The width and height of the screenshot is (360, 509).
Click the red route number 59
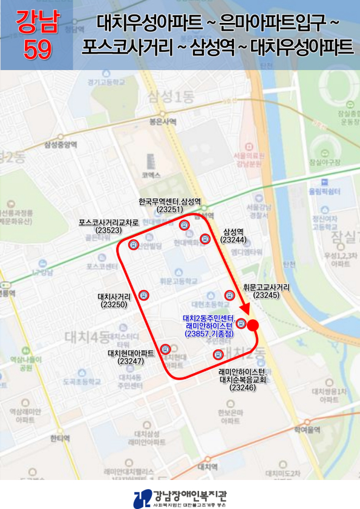38,50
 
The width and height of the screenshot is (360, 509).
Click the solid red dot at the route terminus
254,325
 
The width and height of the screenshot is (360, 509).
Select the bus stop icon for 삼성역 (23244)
206,239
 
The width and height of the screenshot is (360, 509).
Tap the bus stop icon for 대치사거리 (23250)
143,295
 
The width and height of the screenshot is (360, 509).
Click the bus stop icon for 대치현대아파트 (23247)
165,349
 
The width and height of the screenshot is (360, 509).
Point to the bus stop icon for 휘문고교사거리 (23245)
229,295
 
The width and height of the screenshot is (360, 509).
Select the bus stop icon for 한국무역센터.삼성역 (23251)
185,225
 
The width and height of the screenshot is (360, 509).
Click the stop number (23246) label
243,388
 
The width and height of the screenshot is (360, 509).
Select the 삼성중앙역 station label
61,144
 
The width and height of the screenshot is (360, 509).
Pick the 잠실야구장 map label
325,161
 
